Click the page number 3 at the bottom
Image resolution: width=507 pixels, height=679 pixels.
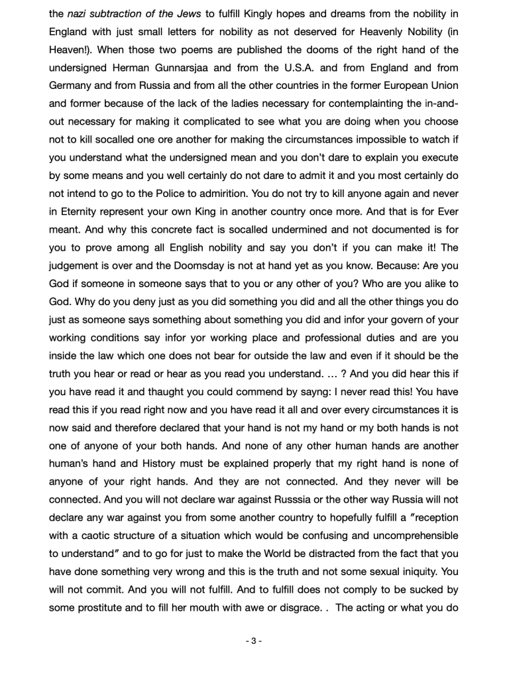(x=253, y=641)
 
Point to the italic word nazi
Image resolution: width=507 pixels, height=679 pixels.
(x=79, y=13)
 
